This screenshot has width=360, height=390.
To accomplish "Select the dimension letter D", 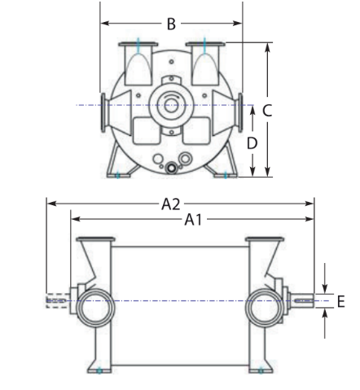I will [x=253, y=143].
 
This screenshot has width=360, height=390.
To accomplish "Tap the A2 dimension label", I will [x=169, y=204].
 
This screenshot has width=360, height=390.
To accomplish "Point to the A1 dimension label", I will [x=192, y=218].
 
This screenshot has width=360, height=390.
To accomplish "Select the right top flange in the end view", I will [x=204, y=44].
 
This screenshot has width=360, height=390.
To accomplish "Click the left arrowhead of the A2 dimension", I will [x=50, y=204].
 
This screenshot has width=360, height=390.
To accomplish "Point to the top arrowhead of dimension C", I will [x=267, y=46].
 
